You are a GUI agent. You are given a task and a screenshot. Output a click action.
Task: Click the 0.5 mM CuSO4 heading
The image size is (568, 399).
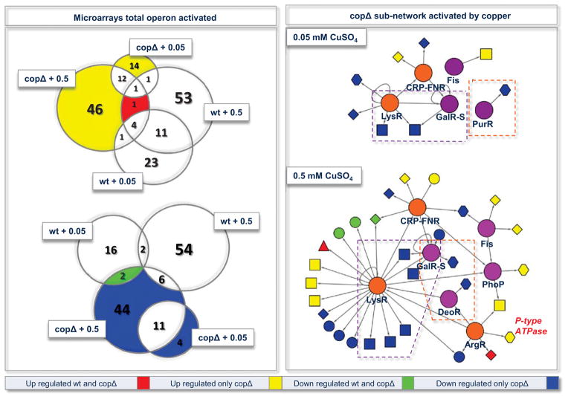[x=326, y=177]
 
